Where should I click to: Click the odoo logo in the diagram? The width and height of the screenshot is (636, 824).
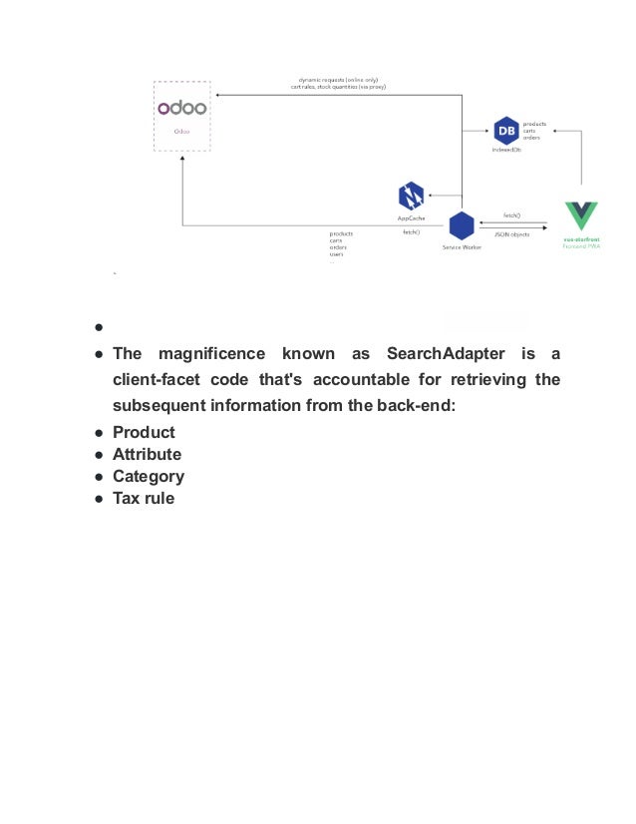pos(181,108)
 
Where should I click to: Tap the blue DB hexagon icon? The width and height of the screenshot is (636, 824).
pos(505,130)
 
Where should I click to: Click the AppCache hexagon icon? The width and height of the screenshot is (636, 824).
pos(411,196)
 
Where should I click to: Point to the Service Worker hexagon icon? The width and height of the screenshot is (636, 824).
pos(461,225)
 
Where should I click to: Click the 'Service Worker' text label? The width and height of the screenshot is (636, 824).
pos(462,247)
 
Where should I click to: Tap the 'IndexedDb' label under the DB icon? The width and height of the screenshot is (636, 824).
pos(505,150)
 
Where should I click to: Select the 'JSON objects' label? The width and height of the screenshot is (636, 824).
pos(512,233)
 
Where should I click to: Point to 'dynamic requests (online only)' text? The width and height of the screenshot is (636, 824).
pos(338,79)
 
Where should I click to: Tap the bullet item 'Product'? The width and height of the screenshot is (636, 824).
pos(144,432)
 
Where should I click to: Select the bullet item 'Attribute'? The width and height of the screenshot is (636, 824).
pos(147,454)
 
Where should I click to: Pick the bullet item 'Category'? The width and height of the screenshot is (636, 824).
pos(148,476)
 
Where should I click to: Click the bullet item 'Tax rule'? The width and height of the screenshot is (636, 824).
pos(144,498)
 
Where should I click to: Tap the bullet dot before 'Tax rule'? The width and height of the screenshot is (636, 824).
pos(101,498)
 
